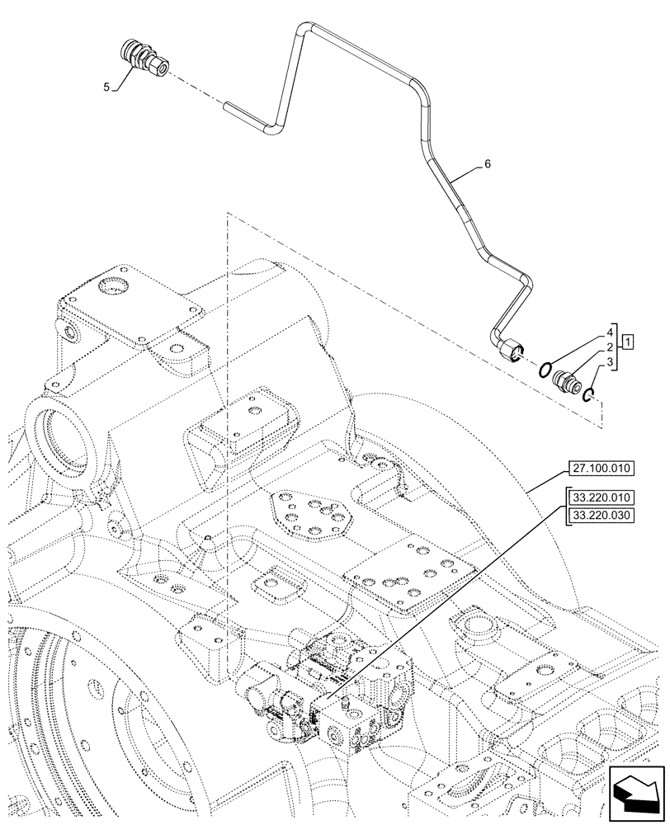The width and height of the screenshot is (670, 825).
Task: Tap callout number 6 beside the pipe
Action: click(x=488, y=164)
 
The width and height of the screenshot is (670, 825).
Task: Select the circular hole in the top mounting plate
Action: click(x=113, y=287)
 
